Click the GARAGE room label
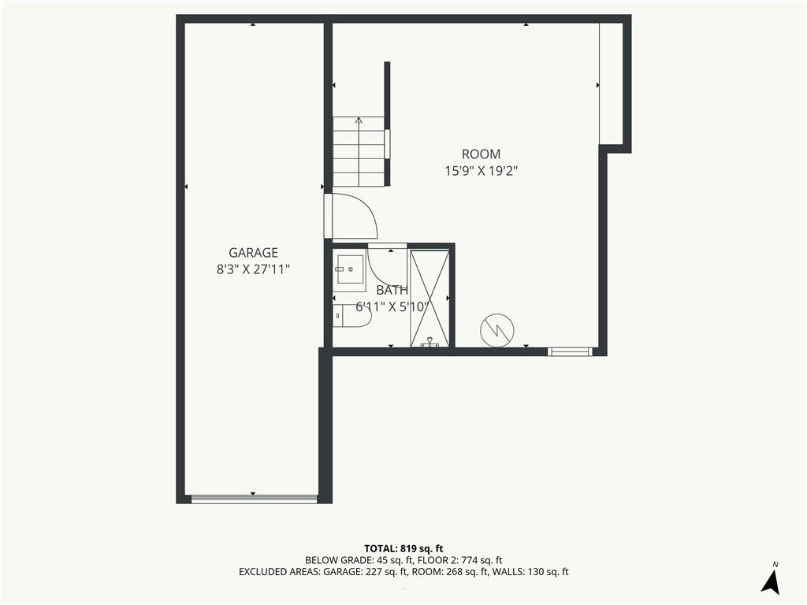[253, 253]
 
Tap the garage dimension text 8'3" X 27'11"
[253, 269]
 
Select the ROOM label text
[482, 154]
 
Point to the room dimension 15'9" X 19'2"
[482, 171]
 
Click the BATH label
[392, 290]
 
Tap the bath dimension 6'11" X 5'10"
[392, 307]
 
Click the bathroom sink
[349, 269]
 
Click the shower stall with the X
[430, 298]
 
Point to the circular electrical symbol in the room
[497, 330]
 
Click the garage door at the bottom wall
[255, 499]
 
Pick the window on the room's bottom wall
[570, 352]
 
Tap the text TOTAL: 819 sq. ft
[403, 548]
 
